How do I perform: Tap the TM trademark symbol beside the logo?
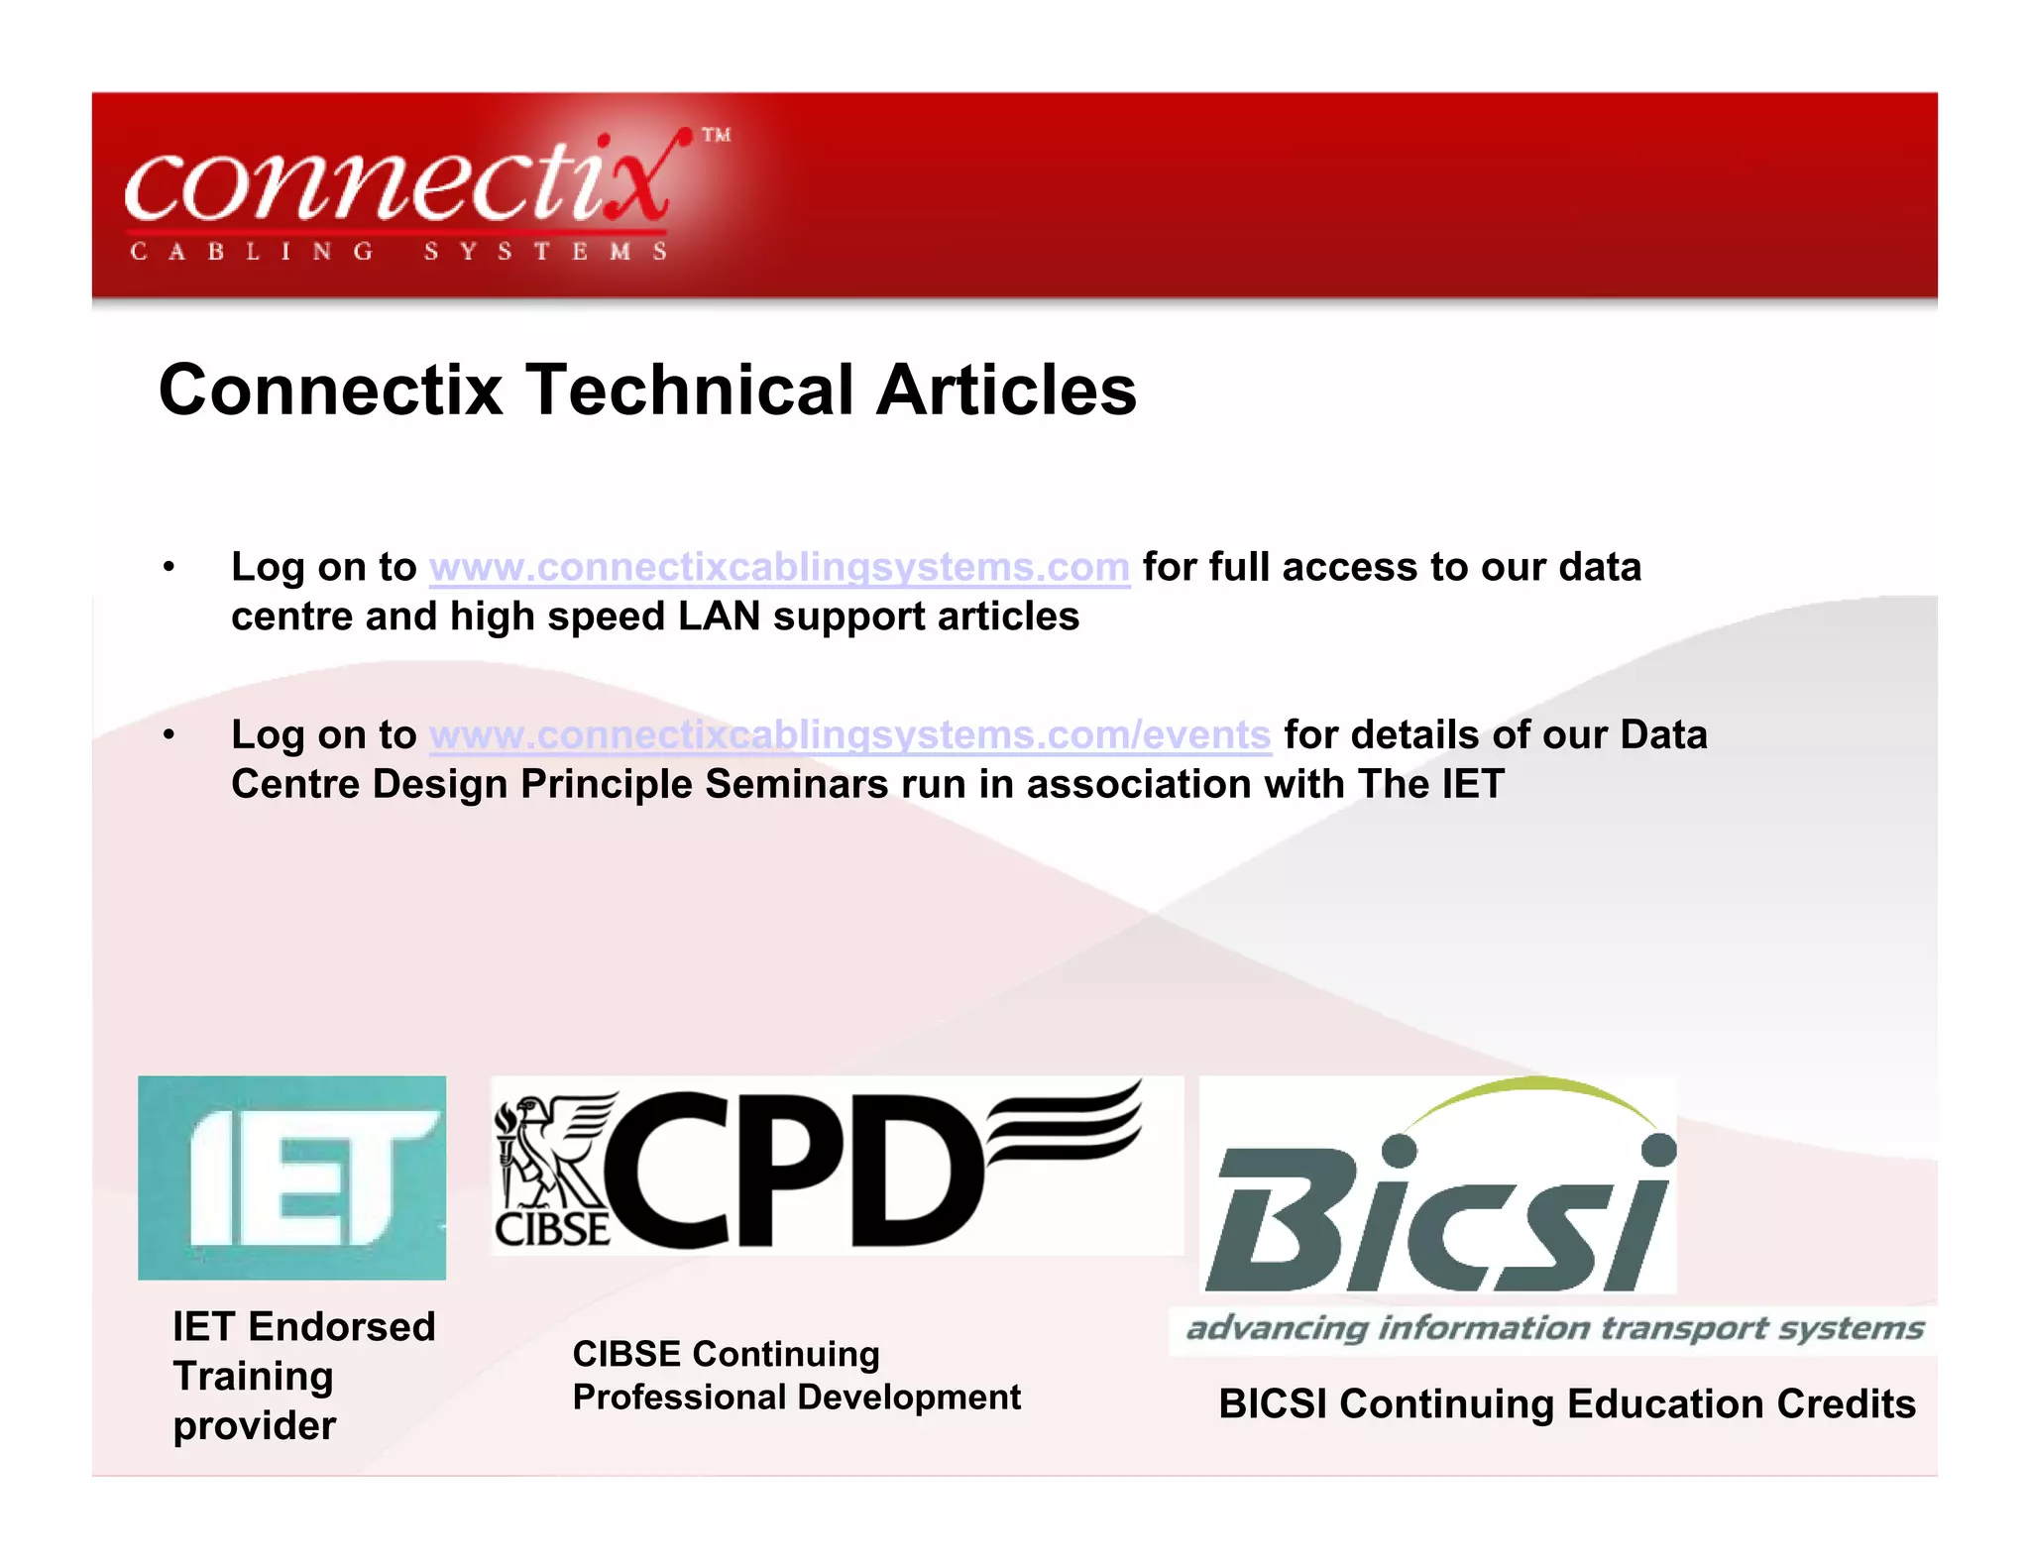(717, 135)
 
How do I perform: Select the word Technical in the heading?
(689, 390)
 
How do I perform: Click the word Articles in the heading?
(1006, 390)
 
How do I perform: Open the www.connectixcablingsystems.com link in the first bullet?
(779, 567)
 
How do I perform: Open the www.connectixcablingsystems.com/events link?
(849, 735)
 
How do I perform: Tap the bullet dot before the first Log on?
(169, 567)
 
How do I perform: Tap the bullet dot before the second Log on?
(169, 735)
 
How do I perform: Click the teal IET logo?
(291, 1177)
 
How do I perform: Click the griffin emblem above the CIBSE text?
(552, 1150)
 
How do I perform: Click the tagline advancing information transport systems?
(1554, 1328)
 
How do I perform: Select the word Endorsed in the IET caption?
(341, 1326)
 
